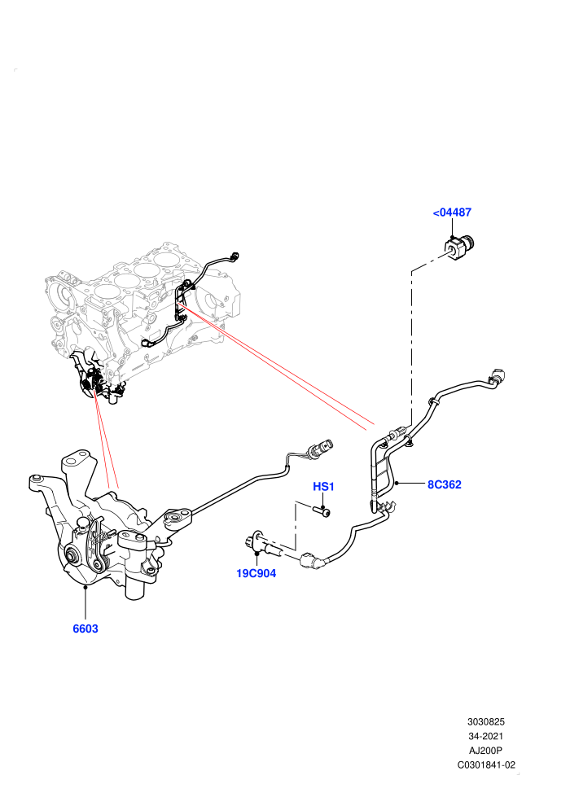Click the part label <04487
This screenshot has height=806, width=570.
tap(452, 212)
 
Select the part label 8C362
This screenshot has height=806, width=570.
tap(445, 484)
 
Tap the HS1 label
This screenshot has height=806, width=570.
tap(324, 486)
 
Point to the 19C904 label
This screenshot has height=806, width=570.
tap(256, 573)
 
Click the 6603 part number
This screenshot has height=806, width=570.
tap(85, 629)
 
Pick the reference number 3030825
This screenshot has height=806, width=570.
tap(485, 721)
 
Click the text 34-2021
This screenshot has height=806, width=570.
tap(485, 736)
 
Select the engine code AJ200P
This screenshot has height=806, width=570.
tap(485, 751)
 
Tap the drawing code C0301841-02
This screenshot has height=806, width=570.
tap(486, 764)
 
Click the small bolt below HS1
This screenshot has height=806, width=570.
tap(321, 510)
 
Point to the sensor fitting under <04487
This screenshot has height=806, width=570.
tap(458, 248)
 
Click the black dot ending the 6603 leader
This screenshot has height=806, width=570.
tap(85, 585)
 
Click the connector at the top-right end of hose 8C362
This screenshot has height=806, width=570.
tap(498, 378)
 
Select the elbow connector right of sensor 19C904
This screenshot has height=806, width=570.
tap(312, 560)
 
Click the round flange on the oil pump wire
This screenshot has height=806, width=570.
tap(178, 517)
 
